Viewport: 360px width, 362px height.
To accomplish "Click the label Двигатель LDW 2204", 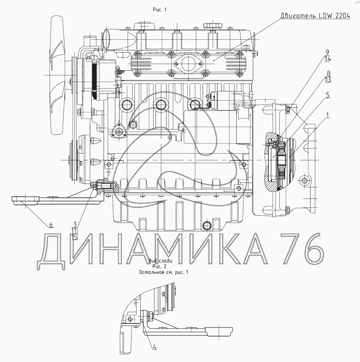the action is tap(315, 16).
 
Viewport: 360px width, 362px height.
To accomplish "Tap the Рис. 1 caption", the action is tap(160, 10).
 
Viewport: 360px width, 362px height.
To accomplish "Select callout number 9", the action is tap(327, 52).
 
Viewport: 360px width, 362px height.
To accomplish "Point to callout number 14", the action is tap(328, 59).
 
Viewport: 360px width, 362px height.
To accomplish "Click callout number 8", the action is tap(329, 74).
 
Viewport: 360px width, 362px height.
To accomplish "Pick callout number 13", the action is tap(328, 80).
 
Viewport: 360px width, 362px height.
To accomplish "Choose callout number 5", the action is tap(328, 95).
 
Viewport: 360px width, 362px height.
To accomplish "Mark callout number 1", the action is tap(328, 115).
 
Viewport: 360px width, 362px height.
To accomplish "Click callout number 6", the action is tap(51, 225).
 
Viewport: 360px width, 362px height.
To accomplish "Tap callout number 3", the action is tap(75, 224).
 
